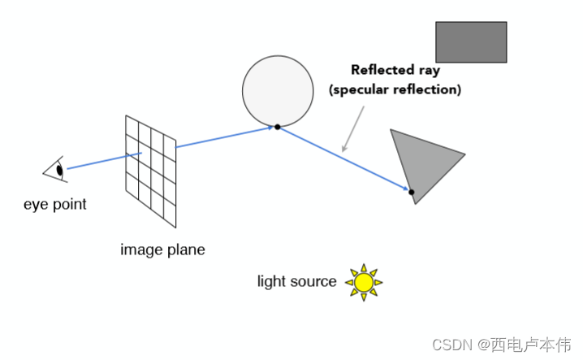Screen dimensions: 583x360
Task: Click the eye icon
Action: (x=55, y=170)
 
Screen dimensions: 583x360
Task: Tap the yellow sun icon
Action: (x=364, y=282)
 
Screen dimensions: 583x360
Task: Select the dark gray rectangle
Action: (x=471, y=42)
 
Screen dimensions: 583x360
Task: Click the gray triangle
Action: (x=423, y=162)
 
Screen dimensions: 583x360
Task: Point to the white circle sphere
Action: (x=278, y=90)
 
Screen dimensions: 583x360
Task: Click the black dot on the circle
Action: (x=277, y=127)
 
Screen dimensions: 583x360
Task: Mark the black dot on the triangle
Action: (x=411, y=193)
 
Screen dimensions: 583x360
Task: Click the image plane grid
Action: (x=150, y=171)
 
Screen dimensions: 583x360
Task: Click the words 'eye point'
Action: (x=55, y=204)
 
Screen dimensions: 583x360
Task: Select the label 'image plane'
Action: (x=162, y=250)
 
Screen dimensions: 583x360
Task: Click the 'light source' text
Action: (x=296, y=282)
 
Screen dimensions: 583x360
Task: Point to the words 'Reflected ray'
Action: (x=395, y=70)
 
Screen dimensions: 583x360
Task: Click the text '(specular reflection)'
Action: (x=395, y=90)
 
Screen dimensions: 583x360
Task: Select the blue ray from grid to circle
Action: (x=223, y=137)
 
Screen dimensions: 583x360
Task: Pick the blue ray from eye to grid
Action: (x=104, y=160)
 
